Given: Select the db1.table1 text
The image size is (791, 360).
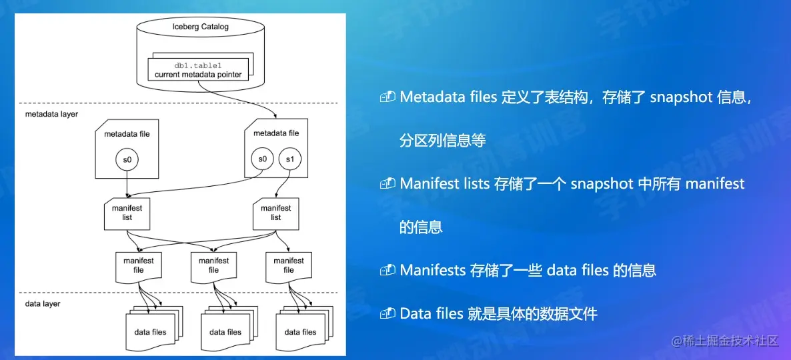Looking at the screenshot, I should click(198, 65).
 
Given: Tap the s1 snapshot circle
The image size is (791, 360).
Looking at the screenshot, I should click(289, 159).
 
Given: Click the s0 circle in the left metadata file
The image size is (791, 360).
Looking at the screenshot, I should click(127, 159).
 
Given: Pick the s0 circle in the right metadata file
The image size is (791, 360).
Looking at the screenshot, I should click(262, 159).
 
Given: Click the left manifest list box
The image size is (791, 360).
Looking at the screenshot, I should click(127, 213).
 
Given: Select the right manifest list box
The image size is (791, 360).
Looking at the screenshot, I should click(275, 213).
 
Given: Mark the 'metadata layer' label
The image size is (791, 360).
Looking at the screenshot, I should click(51, 114).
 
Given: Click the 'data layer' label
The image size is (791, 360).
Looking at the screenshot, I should click(43, 303).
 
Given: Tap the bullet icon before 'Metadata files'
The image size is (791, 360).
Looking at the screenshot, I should click(387, 97).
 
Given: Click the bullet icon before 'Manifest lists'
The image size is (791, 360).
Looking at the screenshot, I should click(387, 184).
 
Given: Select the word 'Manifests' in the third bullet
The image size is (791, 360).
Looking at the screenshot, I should click(432, 270).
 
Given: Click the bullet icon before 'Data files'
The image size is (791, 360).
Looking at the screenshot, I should click(387, 313).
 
